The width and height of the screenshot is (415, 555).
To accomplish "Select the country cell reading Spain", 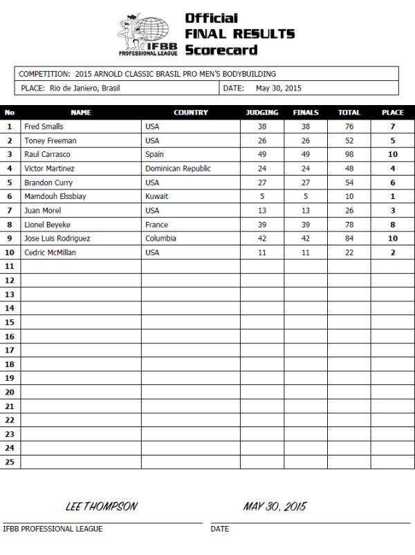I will pyautogui.click(x=154, y=154).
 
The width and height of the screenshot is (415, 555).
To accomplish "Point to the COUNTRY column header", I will pyautogui.click(x=190, y=112).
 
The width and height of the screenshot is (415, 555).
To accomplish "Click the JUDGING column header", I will pyautogui.click(x=262, y=112).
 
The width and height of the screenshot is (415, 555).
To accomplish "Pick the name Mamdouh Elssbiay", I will pyautogui.click(x=55, y=196).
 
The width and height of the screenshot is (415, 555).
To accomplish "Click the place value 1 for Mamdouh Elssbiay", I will pyautogui.click(x=393, y=196).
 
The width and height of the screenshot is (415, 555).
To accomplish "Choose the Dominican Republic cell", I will pyautogui.click(x=178, y=168).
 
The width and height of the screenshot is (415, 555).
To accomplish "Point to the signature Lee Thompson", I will pyautogui.click(x=101, y=507).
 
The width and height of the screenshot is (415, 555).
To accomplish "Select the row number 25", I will pyautogui.click(x=10, y=462).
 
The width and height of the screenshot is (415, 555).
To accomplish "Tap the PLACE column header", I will pyautogui.click(x=393, y=112).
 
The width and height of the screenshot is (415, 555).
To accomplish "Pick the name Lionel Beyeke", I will pyautogui.click(x=47, y=225).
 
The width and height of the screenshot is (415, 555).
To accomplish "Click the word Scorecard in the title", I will pyautogui.click(x=221, y=50).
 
